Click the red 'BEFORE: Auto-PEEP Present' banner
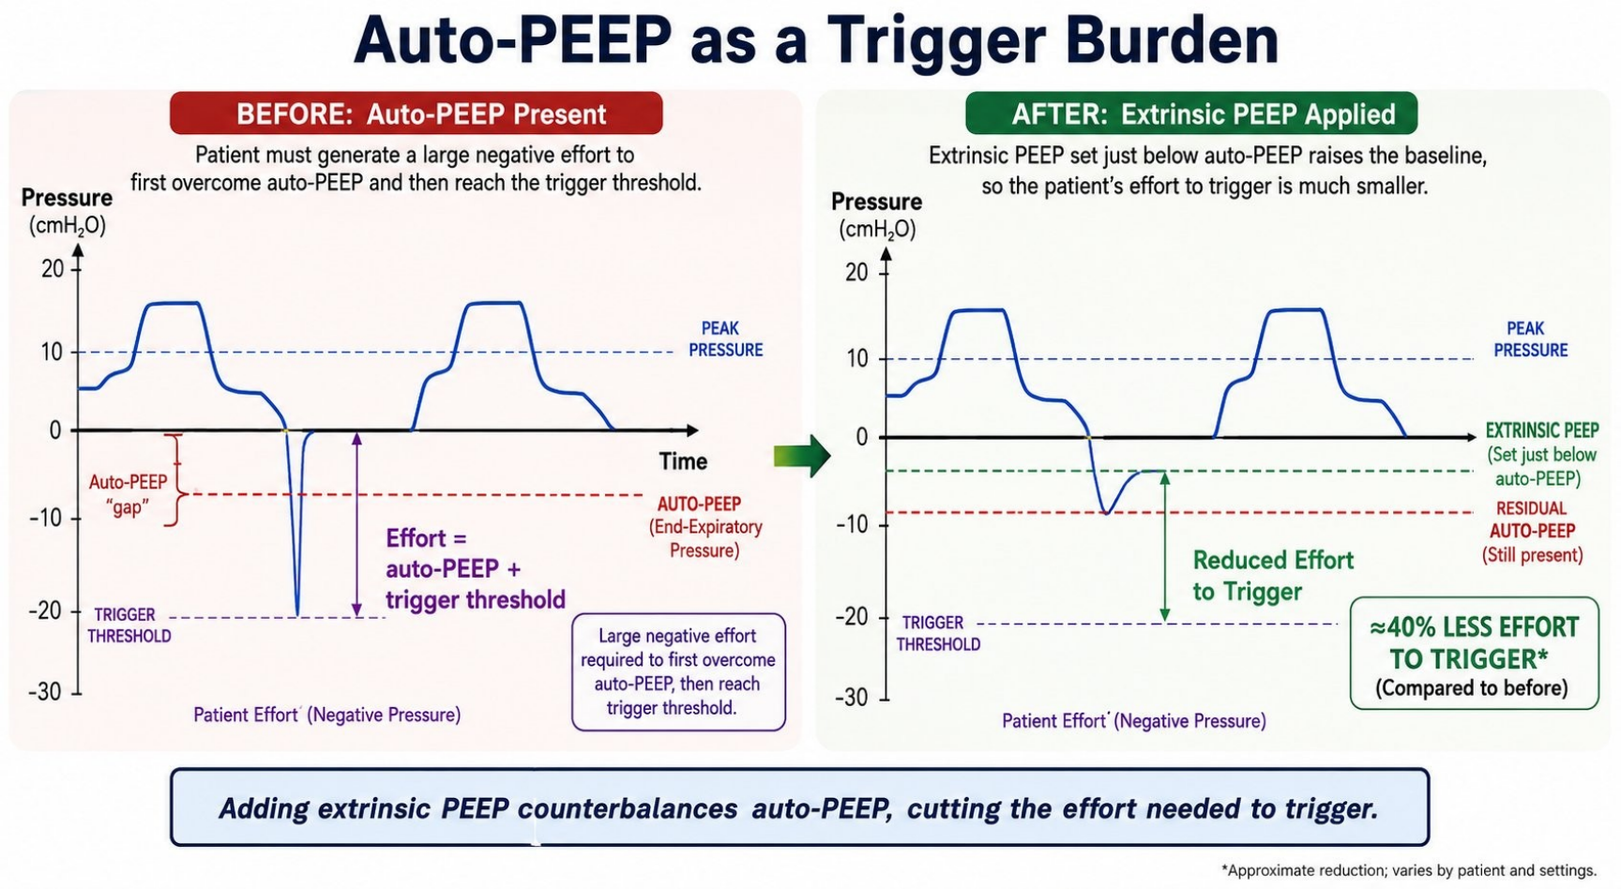point(417,113)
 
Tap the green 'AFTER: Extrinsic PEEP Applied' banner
point(1191,113)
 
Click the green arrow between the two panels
point(802,457)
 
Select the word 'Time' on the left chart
point(683,461)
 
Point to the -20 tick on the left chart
point(45,610)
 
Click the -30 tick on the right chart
point(854,698)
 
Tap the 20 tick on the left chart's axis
point(53,268)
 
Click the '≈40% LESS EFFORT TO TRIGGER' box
point(1474,653)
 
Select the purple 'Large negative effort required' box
point(678,671)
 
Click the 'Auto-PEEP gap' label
point(128,494)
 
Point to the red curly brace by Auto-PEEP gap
point(174,479)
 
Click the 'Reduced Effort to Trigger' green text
point(1273,576)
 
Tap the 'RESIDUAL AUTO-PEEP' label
point(1532,531)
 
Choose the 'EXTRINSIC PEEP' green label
point(1542,430)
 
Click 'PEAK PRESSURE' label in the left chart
point(725,339)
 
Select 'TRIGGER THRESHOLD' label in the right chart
point(938,633)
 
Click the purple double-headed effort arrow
point(356,524)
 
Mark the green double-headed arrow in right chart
point(1165,546)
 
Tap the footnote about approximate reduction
point(1409,870)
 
